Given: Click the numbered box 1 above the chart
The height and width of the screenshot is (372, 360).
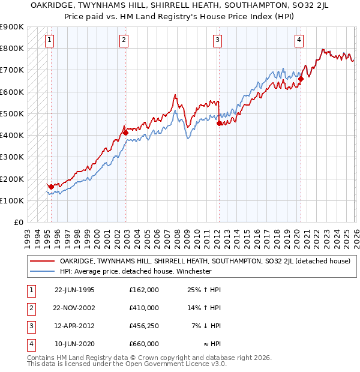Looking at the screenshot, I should click(49, 40).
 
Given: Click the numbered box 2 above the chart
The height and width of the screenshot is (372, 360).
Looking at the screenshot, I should click(123, 40).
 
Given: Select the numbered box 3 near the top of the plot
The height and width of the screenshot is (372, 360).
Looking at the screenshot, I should click(217, 40).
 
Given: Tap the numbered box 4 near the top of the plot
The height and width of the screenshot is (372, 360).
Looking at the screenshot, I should click(298, 40).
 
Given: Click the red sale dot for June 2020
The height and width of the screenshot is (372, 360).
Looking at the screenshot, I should click(301, 79).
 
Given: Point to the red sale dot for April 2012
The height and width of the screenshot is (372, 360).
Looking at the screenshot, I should click(219, 123).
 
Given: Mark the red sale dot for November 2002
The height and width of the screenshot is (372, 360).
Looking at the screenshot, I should click(125, 133).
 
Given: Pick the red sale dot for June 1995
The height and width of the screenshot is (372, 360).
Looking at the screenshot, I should click(52, 187).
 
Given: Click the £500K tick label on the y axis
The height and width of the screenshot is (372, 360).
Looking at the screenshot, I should click(12, 113).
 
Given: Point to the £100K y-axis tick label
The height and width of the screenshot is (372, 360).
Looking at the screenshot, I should click(12, 200).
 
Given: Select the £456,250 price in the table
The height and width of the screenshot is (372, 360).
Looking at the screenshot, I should click(144, 326).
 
